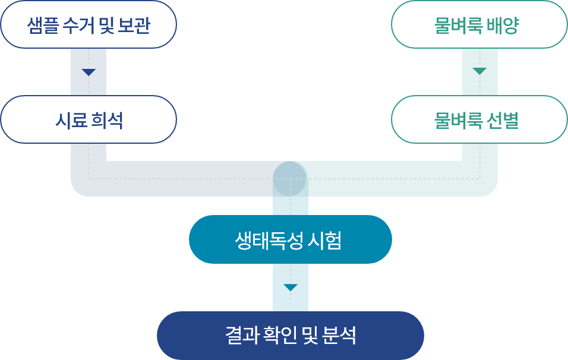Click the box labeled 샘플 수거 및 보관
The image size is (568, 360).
pyautogui.click(x=89, y=25)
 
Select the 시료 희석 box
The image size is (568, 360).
pyautogui.click(x=89, y=120)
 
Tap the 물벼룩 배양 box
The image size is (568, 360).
pyautogui.click(x=479, y=25)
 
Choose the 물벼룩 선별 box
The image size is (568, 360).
pyautogui.click(x=479, y=120)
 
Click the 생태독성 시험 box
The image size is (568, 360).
pyautogui.click(x=290, y=239)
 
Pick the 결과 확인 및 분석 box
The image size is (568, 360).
pyautogui.click(x=290, y=336)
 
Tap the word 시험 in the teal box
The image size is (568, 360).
pyautogui.click(x=325, y=240)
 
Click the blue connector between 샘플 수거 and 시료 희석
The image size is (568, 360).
pyautogui.click(x=89, y=72)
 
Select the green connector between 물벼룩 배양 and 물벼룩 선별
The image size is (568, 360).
pyautogui.click(x=479, y=72)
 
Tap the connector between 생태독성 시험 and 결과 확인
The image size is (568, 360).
pyautogui.click(x=290, y=288)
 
